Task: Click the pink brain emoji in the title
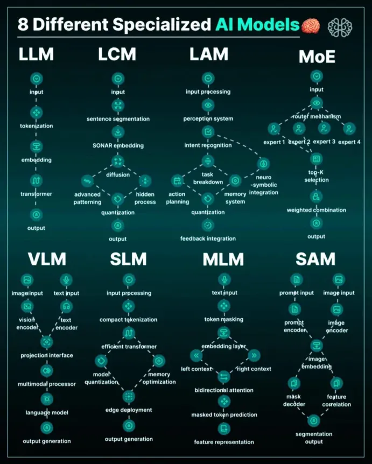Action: coord(311,26)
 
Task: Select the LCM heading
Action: coord(117,54)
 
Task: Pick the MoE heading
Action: coord(317,57)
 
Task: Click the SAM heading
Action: coord(315,259)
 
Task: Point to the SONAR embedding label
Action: coord(118,145)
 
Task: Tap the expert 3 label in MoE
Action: coord(324,142)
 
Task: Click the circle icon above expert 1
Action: coord(274,129)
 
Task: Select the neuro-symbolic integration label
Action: coord(264,185)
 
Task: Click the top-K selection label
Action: coord(317,176)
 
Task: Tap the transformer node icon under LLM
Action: coord(36,180)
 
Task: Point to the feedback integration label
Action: coord(208,238)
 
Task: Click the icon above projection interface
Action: coord(47,342)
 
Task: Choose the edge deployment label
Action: coord(129,410)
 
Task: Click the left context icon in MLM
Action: coord(196,355)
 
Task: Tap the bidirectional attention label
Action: coord(224,390)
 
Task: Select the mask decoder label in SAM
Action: coord(294,400)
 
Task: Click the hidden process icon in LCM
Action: coord(145,181)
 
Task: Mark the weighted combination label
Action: coord(317,210)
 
